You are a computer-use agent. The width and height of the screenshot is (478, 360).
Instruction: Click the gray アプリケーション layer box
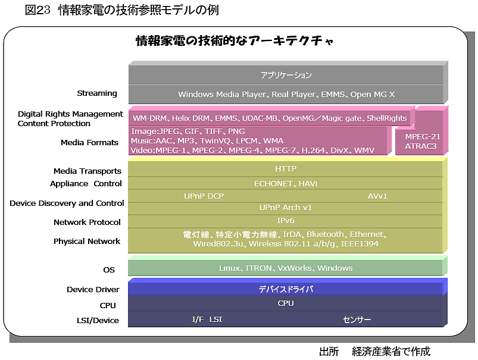(286, 75)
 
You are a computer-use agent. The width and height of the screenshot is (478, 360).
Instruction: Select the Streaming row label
(97, 93)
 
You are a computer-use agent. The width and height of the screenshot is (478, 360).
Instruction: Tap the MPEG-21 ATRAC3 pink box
(421, 141)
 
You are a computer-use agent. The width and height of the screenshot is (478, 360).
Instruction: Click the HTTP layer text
(286, 168)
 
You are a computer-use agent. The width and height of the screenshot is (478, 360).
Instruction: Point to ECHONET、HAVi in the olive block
(286, 183)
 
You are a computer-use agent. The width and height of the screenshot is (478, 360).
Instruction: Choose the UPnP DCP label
(204, 196)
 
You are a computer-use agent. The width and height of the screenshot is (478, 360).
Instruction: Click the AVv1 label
(377, 196)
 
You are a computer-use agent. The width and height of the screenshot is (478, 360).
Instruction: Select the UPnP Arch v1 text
(286, 208)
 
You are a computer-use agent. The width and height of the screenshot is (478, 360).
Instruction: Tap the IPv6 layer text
(286, 220)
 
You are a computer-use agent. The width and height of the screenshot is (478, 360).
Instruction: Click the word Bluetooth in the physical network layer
(325, 234)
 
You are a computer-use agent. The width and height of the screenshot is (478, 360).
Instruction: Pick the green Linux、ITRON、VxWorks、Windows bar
(286, 268)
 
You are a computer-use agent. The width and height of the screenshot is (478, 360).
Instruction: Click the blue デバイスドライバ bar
(286, 289)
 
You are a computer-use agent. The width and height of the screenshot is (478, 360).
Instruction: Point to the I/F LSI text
(207, 319)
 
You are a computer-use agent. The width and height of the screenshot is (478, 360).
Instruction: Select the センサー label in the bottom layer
(357, 320)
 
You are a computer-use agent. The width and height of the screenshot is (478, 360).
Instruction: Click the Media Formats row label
(89, 143)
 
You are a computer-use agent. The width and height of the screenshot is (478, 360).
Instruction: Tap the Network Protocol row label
(87, 222)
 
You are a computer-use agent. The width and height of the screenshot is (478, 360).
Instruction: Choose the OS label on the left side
(109, 270)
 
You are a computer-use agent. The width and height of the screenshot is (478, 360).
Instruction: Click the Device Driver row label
(93, 290)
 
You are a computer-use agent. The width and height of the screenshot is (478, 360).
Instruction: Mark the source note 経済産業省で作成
(391, 352)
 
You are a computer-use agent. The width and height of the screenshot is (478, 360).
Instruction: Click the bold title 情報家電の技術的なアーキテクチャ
(235, 40)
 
